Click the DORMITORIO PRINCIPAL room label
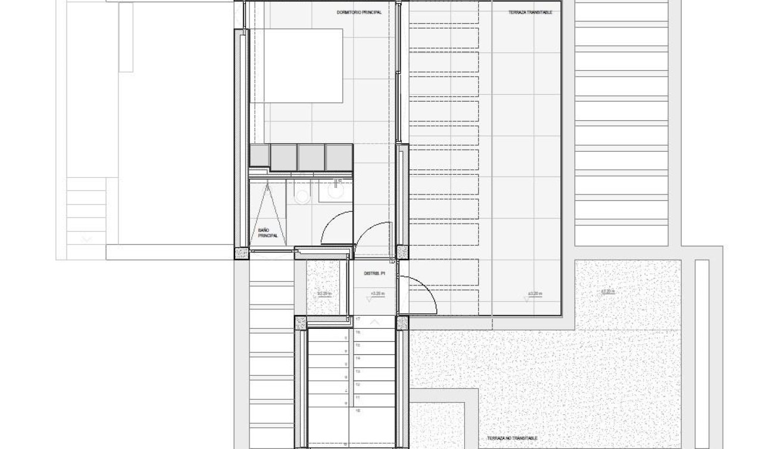pos(358,12)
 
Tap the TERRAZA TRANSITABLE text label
pos(526,12)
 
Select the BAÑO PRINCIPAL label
pos(267,233)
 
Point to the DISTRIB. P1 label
pos(375,274)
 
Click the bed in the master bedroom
pos(296,65)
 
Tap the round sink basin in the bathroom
pos(336,193)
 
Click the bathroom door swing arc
pos(336,226)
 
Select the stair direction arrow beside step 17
pos(374,322)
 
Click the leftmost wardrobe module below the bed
pos(260,156)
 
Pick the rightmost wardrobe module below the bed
pos(339,157)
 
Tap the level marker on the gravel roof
pos(607,291)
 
